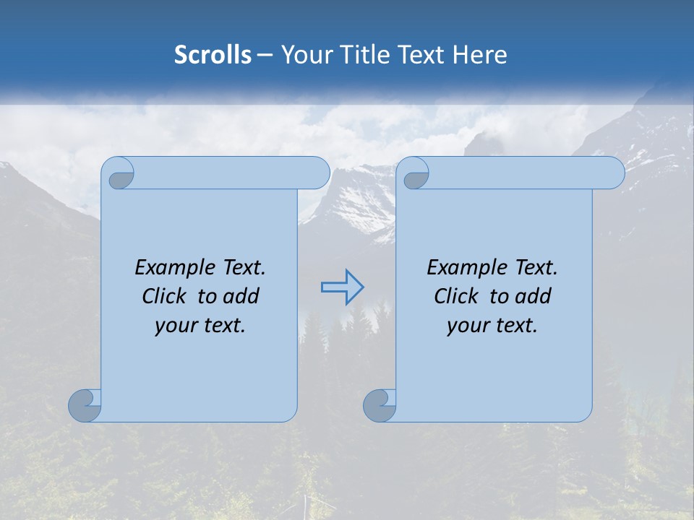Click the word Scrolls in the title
click(x=213, y=55)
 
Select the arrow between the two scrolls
click(x=342, y=287)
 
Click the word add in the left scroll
click(x=241, y=297)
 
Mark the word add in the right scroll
click(x=534, y=297)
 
